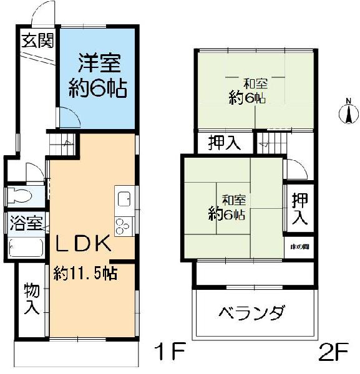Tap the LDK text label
(x=84, y=242)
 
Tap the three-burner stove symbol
(x=122, y=224)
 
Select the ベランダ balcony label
(x=252, y=312)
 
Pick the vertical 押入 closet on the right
(x=300, y=209)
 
